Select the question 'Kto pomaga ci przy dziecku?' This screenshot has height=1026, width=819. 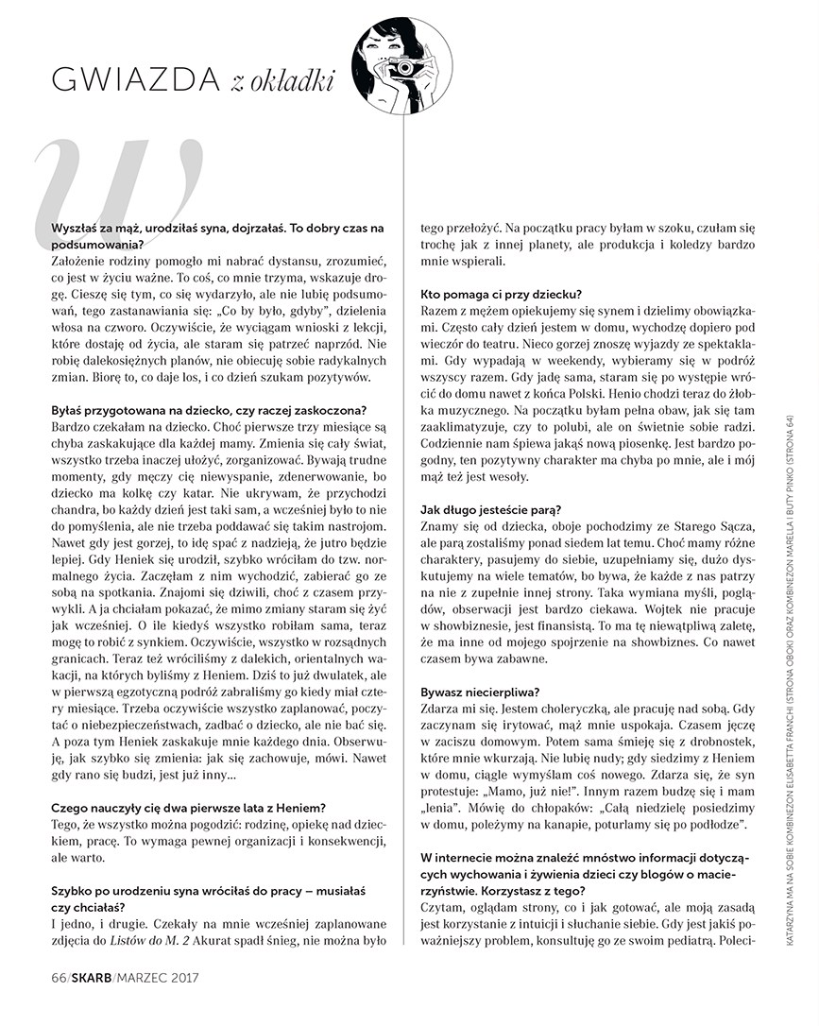point(501,295)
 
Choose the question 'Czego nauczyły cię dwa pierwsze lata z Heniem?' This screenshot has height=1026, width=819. point(189,807)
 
